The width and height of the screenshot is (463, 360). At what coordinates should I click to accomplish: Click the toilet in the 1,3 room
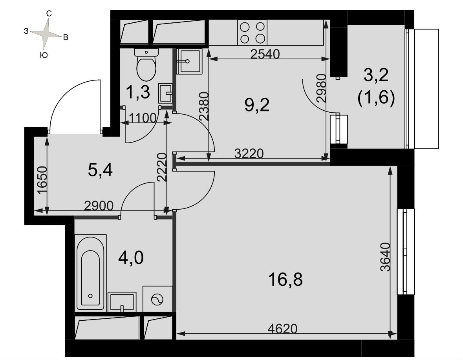(146, 65)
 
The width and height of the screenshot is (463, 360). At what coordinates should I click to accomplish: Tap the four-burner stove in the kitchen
(252, 33)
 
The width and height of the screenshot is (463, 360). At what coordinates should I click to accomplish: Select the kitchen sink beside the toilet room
(189, 61)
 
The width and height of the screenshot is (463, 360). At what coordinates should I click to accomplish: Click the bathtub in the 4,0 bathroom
(90, 272)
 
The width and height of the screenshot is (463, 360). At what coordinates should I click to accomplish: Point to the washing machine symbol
(157, 299)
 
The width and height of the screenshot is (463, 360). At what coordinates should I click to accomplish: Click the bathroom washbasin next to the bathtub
(122, 302)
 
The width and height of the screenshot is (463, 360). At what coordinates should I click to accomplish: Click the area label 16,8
(285, 280)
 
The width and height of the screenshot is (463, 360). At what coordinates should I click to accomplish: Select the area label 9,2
(257, 105)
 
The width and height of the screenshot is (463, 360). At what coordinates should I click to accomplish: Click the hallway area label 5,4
(100, 170)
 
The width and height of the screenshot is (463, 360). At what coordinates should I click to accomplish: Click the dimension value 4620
(282, 329)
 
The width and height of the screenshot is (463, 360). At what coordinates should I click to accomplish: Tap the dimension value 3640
(385, 257)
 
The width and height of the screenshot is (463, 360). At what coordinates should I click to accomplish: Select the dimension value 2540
(265, 54)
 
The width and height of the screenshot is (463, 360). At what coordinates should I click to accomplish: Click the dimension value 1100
(142, 118)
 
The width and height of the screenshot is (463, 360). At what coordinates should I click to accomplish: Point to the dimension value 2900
(99, 206)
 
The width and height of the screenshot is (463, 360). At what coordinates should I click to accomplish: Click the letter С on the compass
(49, 13)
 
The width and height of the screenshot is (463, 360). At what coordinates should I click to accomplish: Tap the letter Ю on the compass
(44, 55)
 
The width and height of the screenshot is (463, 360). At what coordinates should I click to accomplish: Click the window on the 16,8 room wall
(406, 252)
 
